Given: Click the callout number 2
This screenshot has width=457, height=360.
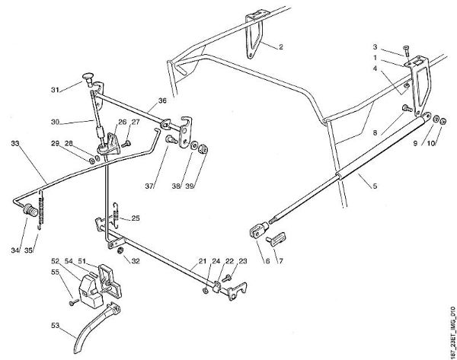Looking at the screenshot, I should pyautogui.click(x=280, y=48).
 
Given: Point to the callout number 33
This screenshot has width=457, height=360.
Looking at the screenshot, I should pyautogui.click(x=14, y=142).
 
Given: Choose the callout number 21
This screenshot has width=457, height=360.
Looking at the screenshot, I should pyautogui.click(x=203, y=260).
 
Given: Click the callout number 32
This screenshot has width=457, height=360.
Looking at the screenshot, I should pyautogui.click(x=135, y=260).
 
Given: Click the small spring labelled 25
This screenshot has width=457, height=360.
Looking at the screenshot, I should pyautogui.click(x=116, y=213).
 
